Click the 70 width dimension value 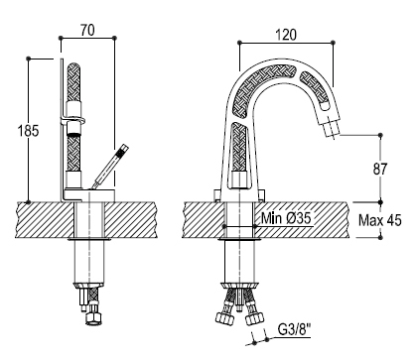(x=87, y=30)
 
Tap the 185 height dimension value (x=28, y=131)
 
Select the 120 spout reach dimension (x=286, y=35)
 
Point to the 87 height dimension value (x=380, y=169)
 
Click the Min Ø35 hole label (x=286, y=218)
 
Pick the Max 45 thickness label (x=380, y=220)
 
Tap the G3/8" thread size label (x=294, y=329)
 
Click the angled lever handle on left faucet (x=110, y=166)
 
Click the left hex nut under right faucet (x=225, y=318)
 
